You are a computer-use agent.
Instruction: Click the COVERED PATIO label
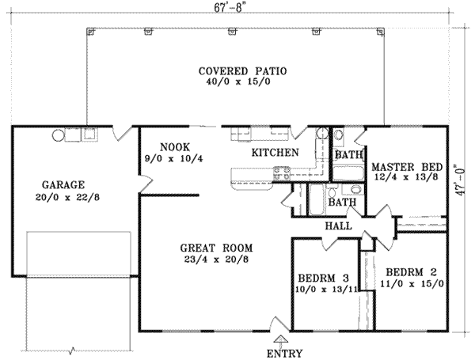tap(244, 71)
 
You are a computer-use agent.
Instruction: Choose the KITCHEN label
tap(275, 152)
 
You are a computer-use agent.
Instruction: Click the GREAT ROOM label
tap(209, 246)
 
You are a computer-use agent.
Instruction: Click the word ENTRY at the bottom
tap(285, 352)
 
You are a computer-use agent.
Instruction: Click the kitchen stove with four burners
tap(281, 174)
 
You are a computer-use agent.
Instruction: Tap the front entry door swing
tap(278, 323)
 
